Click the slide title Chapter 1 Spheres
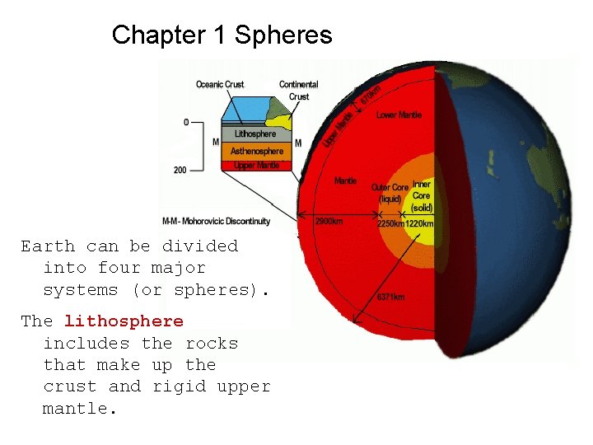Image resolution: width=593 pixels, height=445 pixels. [222, 35]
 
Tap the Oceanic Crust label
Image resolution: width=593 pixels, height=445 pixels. [220, 84]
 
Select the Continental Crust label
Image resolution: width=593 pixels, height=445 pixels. [298, 90]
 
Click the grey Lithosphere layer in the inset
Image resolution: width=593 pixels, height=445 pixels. [254, 133]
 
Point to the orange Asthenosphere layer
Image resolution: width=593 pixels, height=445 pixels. [256, 151]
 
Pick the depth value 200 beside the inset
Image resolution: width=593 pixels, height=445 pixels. [180, 170]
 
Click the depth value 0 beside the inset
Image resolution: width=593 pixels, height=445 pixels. [186, 122]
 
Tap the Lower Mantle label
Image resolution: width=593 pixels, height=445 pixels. [399, 115]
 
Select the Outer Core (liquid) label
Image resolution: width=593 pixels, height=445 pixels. [390, 193]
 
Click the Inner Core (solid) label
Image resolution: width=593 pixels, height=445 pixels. [422, 196]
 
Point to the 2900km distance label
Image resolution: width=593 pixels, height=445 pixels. [329, 222]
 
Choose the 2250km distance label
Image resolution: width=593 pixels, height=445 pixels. [390, 222]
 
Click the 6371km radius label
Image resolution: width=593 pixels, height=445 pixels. [391, 297]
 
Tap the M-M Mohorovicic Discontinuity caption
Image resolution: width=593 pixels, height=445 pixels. [226, 221]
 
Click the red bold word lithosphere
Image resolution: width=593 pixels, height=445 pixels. [124, 321]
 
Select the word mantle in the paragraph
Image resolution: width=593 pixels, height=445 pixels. [75, 408]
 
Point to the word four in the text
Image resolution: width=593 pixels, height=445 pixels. [119, 268]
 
